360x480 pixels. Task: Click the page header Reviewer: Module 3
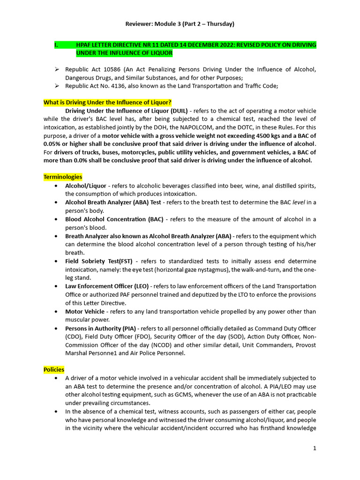click(180, 23)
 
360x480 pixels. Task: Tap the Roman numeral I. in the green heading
click(56, 45)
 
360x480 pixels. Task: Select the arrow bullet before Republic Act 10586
click(56, 69)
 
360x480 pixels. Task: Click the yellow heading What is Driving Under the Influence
click(107, 102)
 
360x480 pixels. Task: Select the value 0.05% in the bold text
click(54, 144)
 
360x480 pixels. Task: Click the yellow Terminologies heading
click(63, 177)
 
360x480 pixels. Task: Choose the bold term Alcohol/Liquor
click(86, 186)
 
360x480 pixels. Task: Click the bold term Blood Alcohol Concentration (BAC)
click(114, 219)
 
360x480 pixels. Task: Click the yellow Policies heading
click(54, 370)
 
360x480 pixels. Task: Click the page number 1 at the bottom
click(315, 448)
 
